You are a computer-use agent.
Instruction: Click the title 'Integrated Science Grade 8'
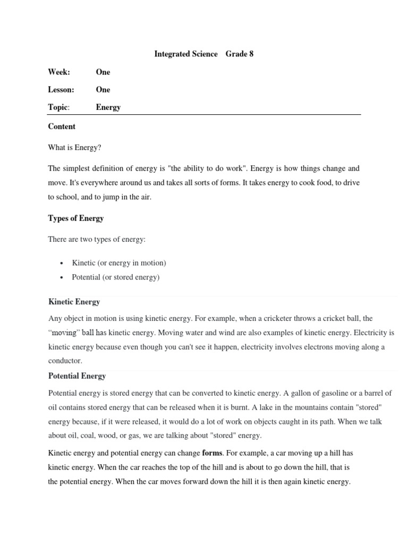point(203,54)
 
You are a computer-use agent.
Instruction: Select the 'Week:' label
point(59,72)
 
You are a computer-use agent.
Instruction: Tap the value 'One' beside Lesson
point(103,89)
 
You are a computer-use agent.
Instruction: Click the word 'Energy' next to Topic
point(108,107)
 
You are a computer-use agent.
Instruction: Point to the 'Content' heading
point(62,126)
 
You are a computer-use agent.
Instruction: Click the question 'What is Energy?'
point(74,148)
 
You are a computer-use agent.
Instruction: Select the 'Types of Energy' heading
point(76,218)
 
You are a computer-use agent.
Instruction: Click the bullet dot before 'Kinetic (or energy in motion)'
point(62,263)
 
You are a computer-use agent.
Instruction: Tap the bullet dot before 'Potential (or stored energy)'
point(62,277)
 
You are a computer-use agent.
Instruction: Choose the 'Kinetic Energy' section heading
point(74,302)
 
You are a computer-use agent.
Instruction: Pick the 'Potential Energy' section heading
point(77,376)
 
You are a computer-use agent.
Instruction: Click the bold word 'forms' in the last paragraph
point(212,453)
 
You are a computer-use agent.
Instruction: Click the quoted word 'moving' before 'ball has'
point(65,333)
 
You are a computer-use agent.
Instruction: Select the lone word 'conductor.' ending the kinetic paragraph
point(65,360)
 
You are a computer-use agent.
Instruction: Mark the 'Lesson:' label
point(61,89)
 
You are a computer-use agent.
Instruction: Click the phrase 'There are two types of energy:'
point(97,240)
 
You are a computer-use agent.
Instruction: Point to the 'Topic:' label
point(58,107)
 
